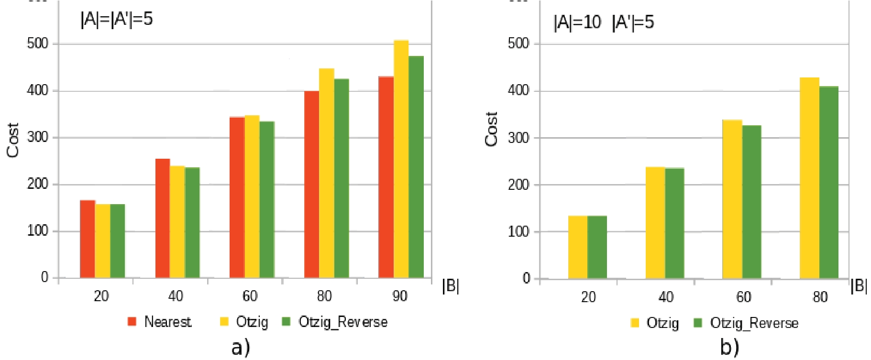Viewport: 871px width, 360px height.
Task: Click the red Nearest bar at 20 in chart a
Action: pos(88,239)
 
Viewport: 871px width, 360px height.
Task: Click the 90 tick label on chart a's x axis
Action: pos(400,296)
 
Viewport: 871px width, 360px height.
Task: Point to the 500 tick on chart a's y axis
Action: pos(38,44)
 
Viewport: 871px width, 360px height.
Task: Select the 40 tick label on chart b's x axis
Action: pos(666,297)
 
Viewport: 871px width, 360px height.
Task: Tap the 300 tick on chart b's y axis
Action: pos(519,138)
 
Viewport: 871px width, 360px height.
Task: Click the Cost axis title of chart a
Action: pos(13,140)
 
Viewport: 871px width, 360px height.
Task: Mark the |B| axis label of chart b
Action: pos(859,286)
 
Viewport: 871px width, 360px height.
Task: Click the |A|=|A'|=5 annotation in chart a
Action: pos(117,19)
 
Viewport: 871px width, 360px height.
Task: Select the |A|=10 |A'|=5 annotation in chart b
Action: pos(604,22)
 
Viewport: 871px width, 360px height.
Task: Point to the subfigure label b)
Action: pos(729,348)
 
